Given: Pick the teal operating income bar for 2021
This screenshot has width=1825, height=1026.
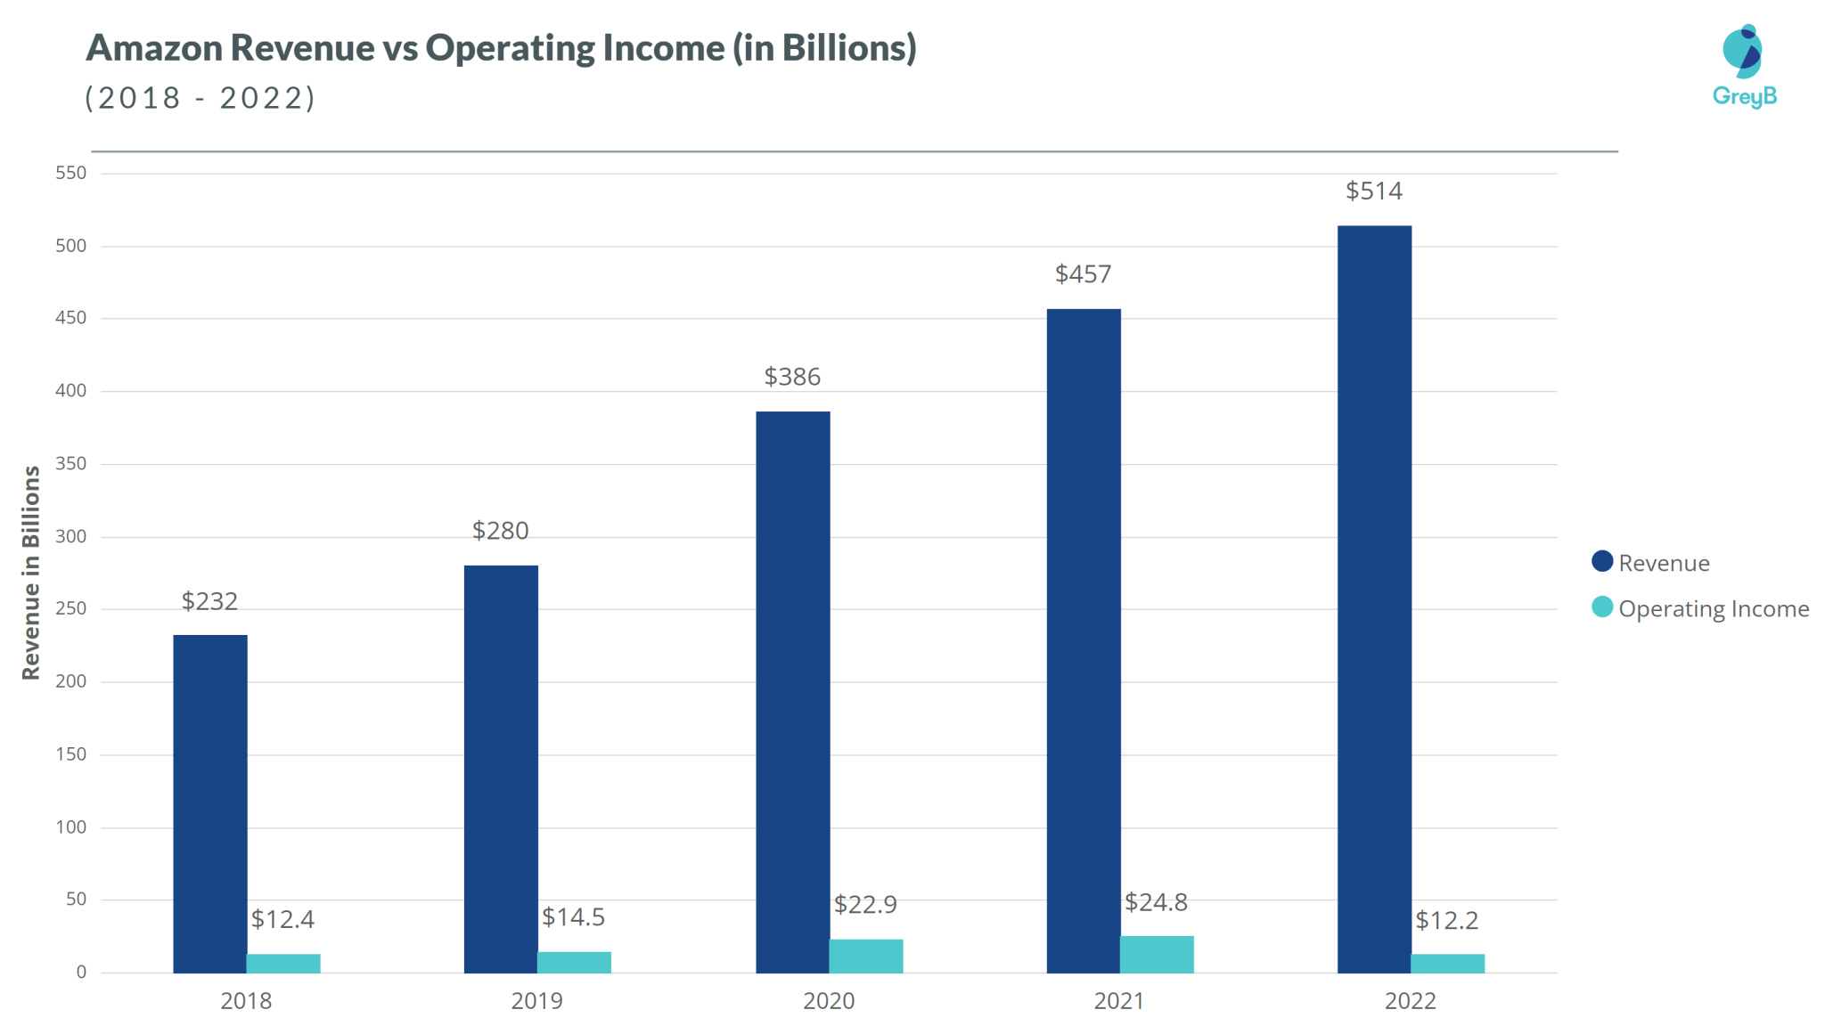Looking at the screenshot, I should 1157,954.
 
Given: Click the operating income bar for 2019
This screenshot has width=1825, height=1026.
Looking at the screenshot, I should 574,962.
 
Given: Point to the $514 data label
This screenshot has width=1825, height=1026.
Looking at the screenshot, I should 1373,191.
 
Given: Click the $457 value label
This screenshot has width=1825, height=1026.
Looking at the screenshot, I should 1083,273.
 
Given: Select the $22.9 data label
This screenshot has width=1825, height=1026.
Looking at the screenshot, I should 865,904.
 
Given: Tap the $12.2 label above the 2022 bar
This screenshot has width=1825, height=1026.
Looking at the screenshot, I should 1446,920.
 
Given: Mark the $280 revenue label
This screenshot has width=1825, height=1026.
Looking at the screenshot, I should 500,530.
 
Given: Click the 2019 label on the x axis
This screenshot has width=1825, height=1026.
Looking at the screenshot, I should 536,1001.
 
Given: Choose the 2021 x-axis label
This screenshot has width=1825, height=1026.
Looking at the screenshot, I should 1118,1001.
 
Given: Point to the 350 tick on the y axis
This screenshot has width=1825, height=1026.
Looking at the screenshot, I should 71,463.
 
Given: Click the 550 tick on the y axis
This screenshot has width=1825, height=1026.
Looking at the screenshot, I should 71,173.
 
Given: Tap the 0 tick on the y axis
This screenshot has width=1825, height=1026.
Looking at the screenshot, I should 81,972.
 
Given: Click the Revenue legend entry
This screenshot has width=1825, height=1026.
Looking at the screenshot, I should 1663,563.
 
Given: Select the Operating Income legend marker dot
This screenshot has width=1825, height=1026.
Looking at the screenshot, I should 1602,607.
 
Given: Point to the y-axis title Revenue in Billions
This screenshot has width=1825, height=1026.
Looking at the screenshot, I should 31,573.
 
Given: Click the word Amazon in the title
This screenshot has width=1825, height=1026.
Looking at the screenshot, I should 154,48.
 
